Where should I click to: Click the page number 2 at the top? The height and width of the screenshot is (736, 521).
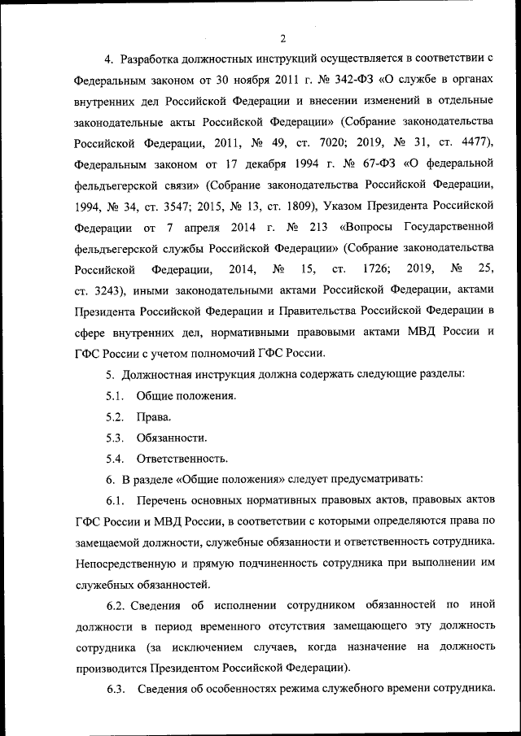tap(282, 37)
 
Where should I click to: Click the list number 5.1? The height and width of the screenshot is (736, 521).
tap(115, 396)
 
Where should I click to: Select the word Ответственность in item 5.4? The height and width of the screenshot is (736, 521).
tap(182, 459)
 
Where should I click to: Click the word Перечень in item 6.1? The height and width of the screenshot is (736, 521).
tap(164, 499)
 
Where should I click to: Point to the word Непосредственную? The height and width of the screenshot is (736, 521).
tap(128, 563)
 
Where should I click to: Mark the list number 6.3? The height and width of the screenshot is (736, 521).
tap(115, 690)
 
